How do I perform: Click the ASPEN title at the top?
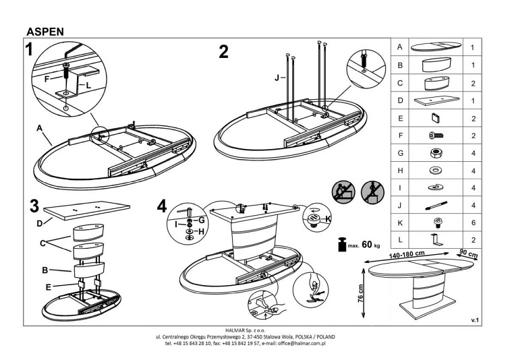pos(46,31)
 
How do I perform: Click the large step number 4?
pos(161,206)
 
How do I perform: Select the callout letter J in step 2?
pos(277,78)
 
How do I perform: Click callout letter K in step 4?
pos(329,219)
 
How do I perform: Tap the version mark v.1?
pos(474,321)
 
